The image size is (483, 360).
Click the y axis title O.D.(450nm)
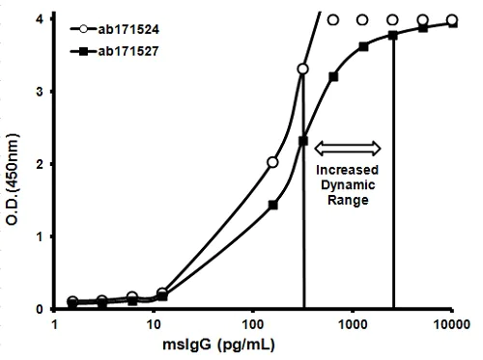coord(12,164)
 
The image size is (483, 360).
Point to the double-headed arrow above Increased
coord(351,148)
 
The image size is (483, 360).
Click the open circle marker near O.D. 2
coord(272,162)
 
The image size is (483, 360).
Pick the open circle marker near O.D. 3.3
coord(302,69)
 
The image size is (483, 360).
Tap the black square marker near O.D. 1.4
coord(272,205)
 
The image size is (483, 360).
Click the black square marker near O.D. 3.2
coord(333,75)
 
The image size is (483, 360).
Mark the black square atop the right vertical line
coord(393,36)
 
